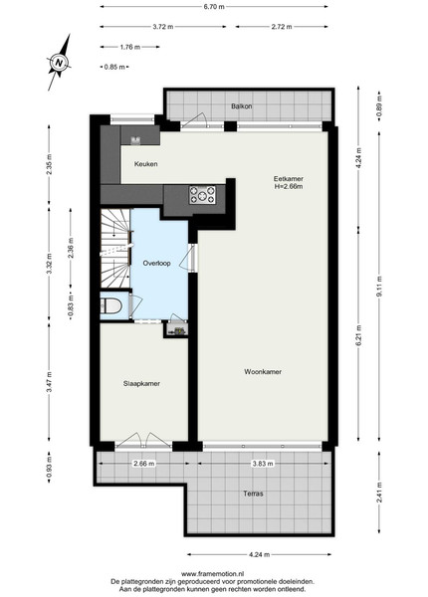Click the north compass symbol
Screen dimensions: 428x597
pos(59,63)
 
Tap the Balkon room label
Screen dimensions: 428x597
pos(242,106)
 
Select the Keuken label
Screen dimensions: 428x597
pos(146,164)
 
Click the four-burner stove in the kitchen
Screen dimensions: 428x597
pos(202,195)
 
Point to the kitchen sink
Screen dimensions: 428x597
pos(135,140)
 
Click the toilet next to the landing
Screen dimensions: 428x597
pos(111,305)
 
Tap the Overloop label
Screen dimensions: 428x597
pos(156,263)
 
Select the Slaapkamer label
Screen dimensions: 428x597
pos(141,383)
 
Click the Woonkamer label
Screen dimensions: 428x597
pos(263,371)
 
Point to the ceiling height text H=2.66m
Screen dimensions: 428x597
pos(289,187)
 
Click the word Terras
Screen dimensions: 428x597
pos(253,494)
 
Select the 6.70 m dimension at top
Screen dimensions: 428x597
pos(214,7)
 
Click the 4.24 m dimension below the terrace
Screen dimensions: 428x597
pos(260,555)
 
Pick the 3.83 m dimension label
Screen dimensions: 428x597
pos(263,464)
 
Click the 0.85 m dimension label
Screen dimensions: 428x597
pos(114,67)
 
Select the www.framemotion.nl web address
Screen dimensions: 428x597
pos(212,574)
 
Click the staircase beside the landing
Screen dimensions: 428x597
pos(115,248)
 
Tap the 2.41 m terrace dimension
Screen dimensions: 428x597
pos(379,493)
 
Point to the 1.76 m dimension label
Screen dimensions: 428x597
pos(130,47)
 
